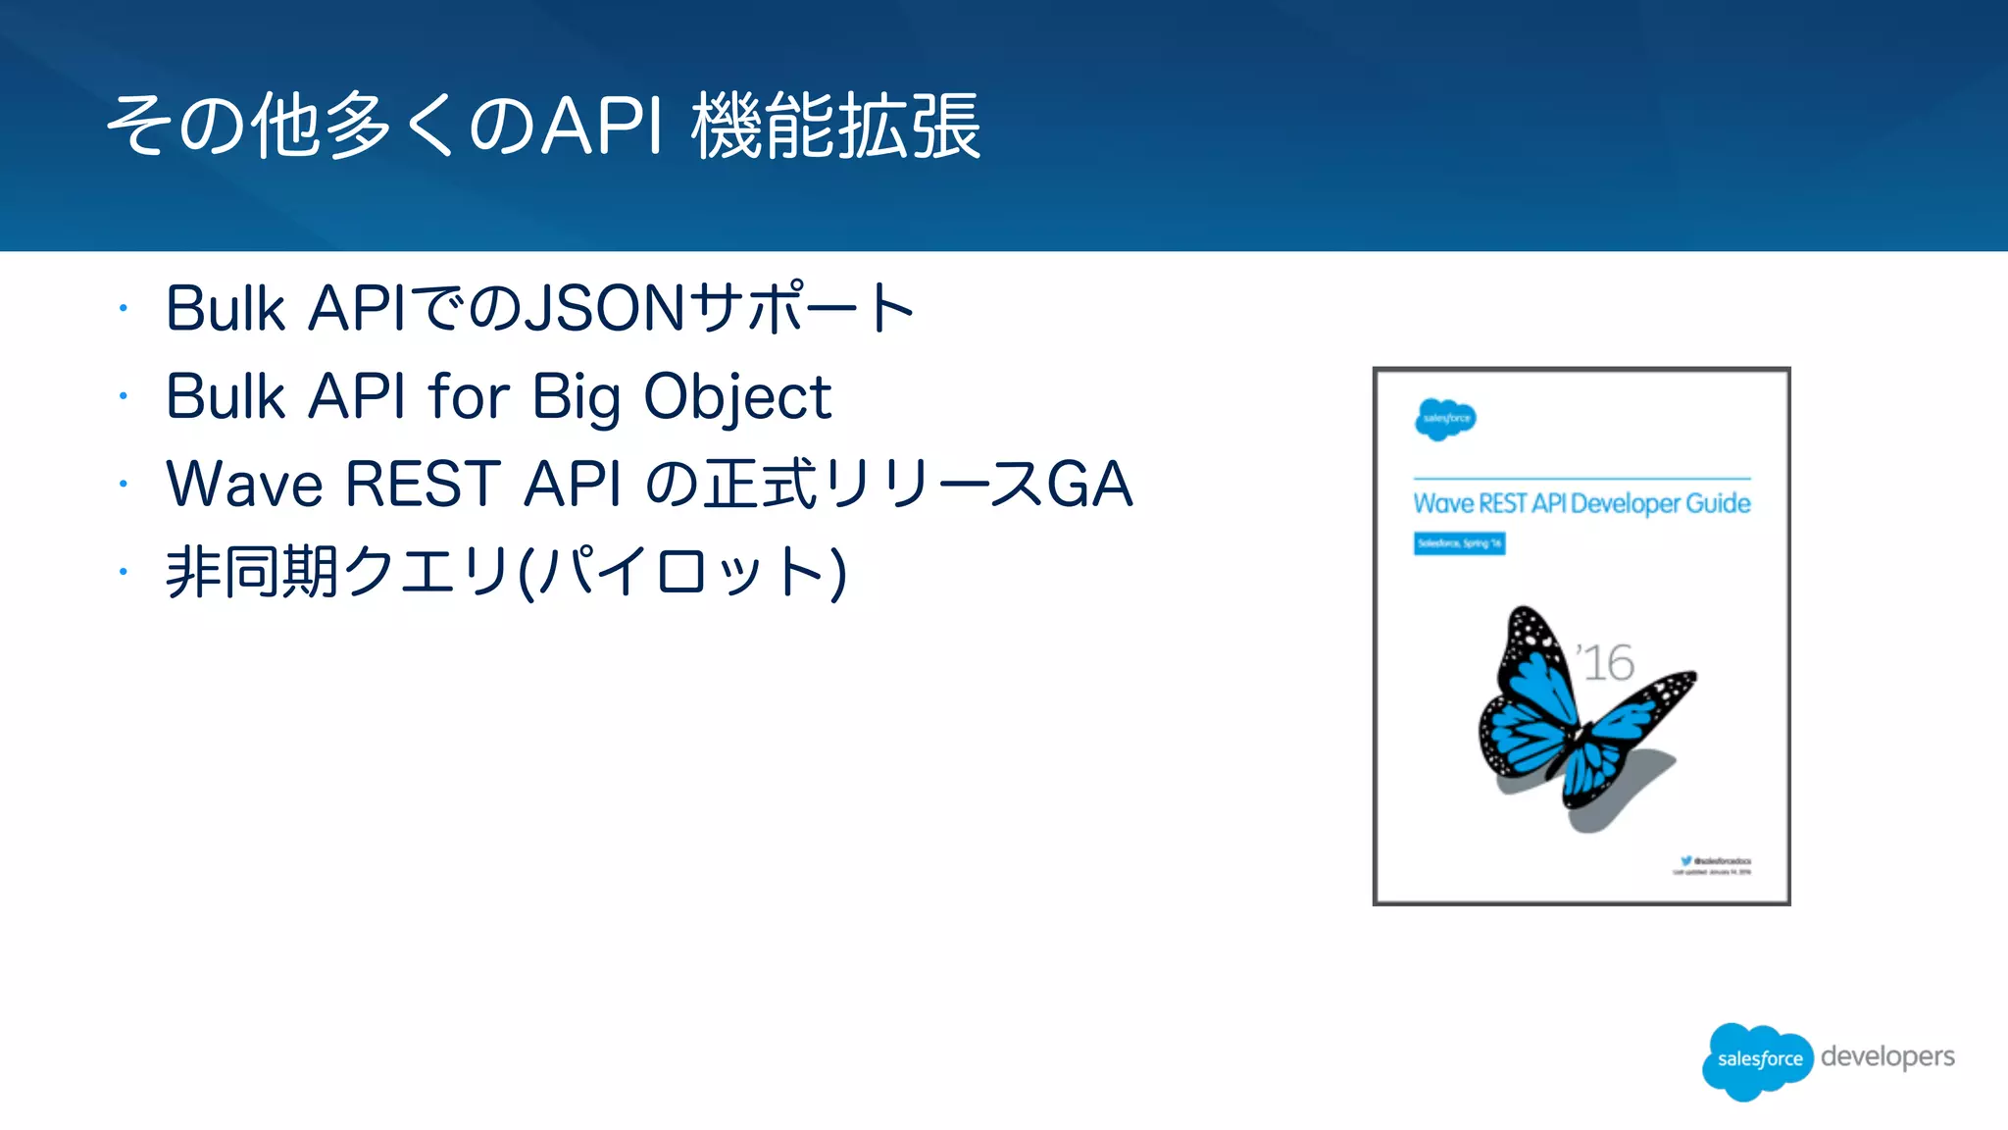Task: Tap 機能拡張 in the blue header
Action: (x=835, y=126)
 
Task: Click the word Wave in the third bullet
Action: (x=244, y=485)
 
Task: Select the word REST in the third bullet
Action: (x=424, y=485)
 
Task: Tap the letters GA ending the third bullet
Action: (x=1089, y=485)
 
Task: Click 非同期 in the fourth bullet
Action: (x=251, y=572)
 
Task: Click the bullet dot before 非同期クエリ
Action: (x=124, y=571)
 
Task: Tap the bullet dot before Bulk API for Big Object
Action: (x=124, y=396)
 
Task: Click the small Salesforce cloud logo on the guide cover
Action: (x=1444, y=419)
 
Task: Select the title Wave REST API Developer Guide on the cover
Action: (x=1581, y=503)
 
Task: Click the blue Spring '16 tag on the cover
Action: (x=1459, y=543)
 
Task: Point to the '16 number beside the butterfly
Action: (x=1605, y=663)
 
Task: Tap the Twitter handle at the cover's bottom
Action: (x=1716, y=860)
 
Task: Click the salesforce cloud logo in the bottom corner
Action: (x=1758, y=1059)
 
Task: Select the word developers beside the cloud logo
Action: (x=1887, y=1056)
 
